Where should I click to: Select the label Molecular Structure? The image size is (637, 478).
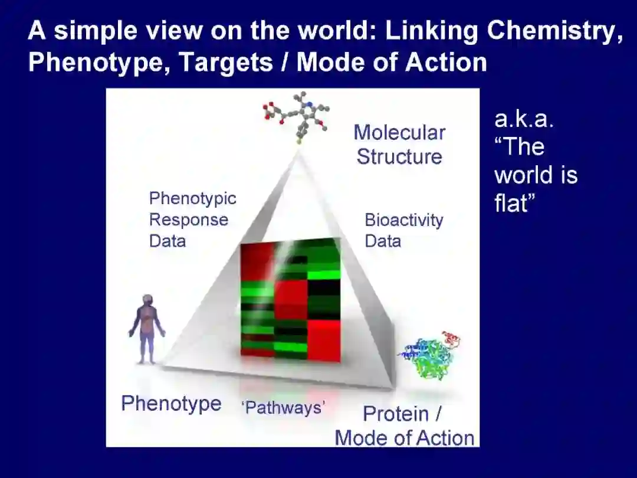pyautogui.click(x=399, y=145)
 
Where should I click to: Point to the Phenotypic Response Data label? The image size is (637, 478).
pyautogui.click(x=192, y=220)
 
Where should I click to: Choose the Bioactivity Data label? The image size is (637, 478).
pyautogui.click(x=403, y=230)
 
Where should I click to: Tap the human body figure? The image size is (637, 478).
pyautogui.click(x=147, y=328)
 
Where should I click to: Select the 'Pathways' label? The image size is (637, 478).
pyautogui.click(x=284, y=407)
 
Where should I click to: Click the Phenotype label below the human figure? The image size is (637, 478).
pyautogui.click(x=171, y=404)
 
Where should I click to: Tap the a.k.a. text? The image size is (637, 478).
pyautogui.click(x=524, y=119)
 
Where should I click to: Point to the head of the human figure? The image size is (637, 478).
pyautogui.click(x=147, y=300)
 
